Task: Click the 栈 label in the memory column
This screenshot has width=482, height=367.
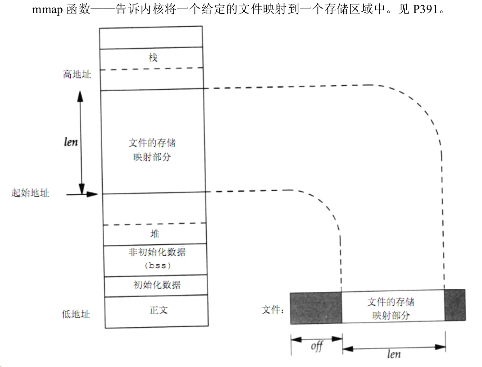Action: coord(153,58)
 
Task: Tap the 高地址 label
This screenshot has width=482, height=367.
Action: coord(77,74)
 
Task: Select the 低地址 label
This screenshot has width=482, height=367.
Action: coord(76,314)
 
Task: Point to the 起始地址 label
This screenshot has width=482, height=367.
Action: coord(30,193)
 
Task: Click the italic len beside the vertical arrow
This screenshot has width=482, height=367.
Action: coord(71,142)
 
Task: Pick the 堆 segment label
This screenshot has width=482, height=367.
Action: coord(155,234)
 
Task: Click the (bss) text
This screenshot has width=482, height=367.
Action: coord(158,266)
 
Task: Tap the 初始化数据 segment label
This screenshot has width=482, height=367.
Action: coord(157,284)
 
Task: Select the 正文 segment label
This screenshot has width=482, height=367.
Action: coord(159,310)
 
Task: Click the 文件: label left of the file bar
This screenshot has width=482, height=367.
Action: coord(273,309)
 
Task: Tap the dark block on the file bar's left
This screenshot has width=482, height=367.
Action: coord(316,308)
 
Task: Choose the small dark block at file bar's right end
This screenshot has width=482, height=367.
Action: coord(455,305)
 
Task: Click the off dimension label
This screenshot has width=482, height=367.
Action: coord(317,346)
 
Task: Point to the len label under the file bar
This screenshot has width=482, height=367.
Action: coord(394,354)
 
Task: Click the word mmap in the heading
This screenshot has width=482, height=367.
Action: coord(47,9)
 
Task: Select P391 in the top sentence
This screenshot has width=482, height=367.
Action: coord(425,9)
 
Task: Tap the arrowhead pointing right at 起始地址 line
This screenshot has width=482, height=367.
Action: coord(92,194)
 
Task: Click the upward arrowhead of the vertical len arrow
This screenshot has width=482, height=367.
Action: coord(80,96)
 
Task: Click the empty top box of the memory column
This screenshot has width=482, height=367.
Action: coord(151,37)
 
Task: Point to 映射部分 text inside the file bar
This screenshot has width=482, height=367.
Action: coord(391,315)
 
